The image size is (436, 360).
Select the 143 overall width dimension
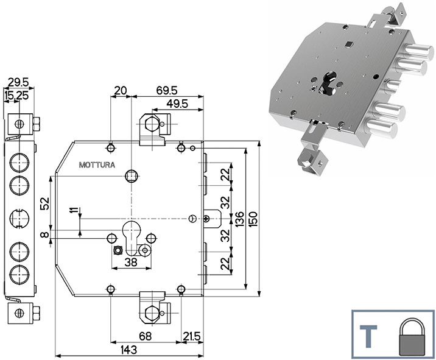click(x=128, y=349)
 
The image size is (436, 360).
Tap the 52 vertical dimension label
click(x=44, y=204)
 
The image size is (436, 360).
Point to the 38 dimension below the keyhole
click(x=130, y=262)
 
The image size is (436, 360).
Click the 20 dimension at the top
click(x=121, y=90)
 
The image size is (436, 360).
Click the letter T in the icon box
click(x=369, y=336)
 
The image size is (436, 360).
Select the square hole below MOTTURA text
click(x=130, y=176)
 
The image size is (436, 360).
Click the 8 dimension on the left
click(x=44, y=234)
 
